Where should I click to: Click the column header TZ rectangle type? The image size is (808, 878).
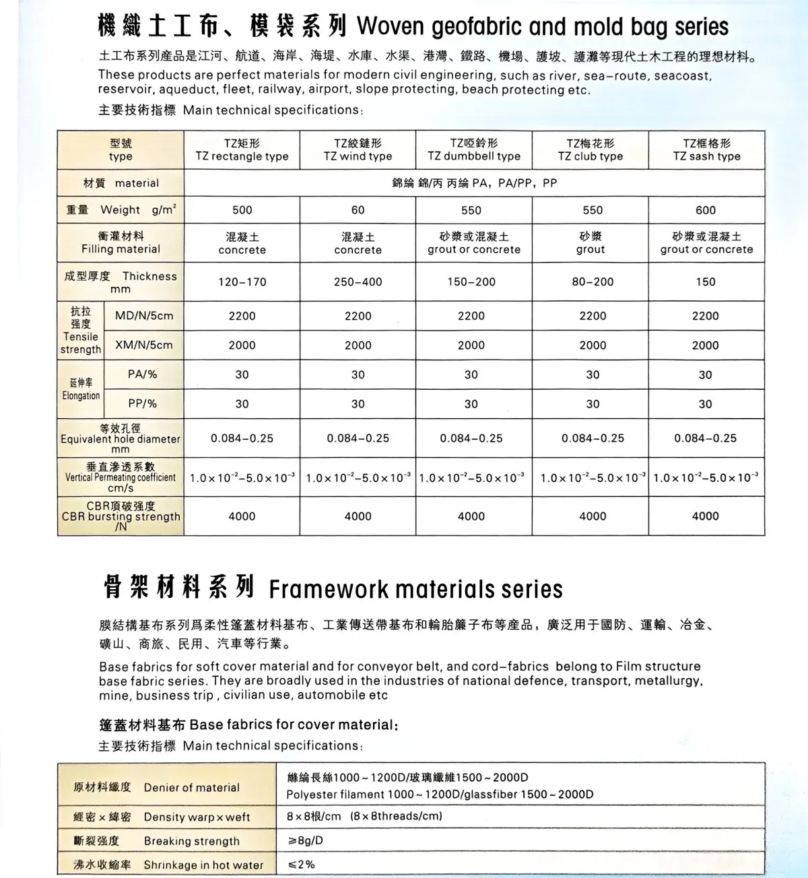(242, 149)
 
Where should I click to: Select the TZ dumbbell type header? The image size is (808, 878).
(474, 149)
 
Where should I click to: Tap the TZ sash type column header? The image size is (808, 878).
(706, 149)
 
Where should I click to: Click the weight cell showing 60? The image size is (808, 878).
(358, 210)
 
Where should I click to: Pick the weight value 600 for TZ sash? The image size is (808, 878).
(706, 210)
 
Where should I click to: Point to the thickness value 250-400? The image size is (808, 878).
(358, 282)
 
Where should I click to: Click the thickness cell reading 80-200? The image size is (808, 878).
(593, 282)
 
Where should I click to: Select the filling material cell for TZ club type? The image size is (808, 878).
(591, 242)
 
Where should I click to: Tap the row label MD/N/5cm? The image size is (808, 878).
(144, 316)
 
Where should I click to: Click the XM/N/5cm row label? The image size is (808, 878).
(144, 345)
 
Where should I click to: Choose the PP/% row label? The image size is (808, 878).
(143, 403)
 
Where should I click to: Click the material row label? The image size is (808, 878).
(121, 183)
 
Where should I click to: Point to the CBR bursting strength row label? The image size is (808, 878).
(121, 516)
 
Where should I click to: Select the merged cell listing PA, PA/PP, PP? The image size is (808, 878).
(474, 183)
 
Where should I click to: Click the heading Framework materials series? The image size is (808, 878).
(415, 589)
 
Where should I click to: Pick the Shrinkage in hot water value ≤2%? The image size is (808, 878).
(301, 865)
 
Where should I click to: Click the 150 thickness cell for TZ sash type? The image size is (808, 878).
(706, 282)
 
